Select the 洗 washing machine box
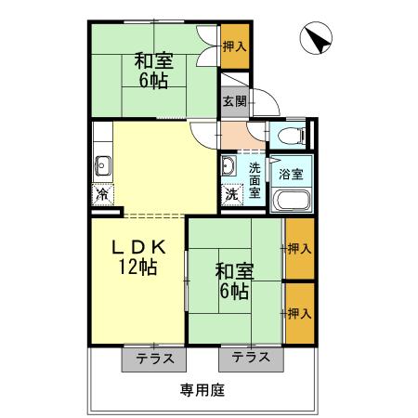click(230, 196)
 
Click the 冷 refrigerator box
click(101, 196)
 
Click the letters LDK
click(138, 247)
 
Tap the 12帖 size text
click(137, 268)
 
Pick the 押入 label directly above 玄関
click(235, 46)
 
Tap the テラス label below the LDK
click(153, 358)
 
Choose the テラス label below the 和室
click(251, 358)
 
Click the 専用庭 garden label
click(202, 390)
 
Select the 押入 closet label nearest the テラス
click(298, 314)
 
